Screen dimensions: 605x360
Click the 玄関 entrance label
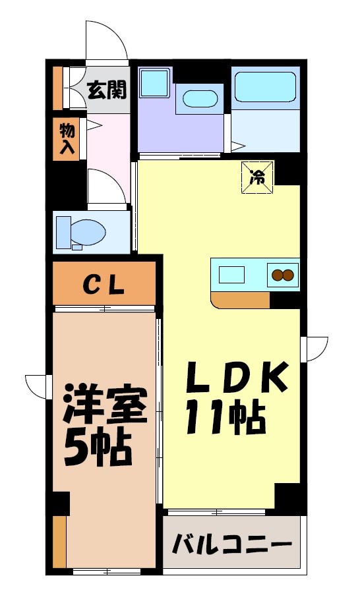pyautogui.click(x=107, y=89)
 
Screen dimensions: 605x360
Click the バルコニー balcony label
pyautogui.click(x=231, y=545)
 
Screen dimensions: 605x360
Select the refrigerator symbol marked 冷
pyautogui.click(x=257, y=177)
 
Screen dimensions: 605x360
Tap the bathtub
pyautogui.click(x=266, y=86)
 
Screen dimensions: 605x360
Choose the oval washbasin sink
pyautogui.click(x=199, y=100)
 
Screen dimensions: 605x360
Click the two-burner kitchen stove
pyautogui.click(x=282, y=274)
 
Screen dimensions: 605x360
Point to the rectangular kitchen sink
pyautogui.click(x=232, y=273)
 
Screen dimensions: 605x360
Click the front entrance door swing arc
pyautogui.click(x=105, y=41)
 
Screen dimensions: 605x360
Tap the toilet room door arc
pyautogui.click(x=105, y=187)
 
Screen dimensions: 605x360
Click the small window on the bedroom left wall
pyautogui.click(x=39, y=386)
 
